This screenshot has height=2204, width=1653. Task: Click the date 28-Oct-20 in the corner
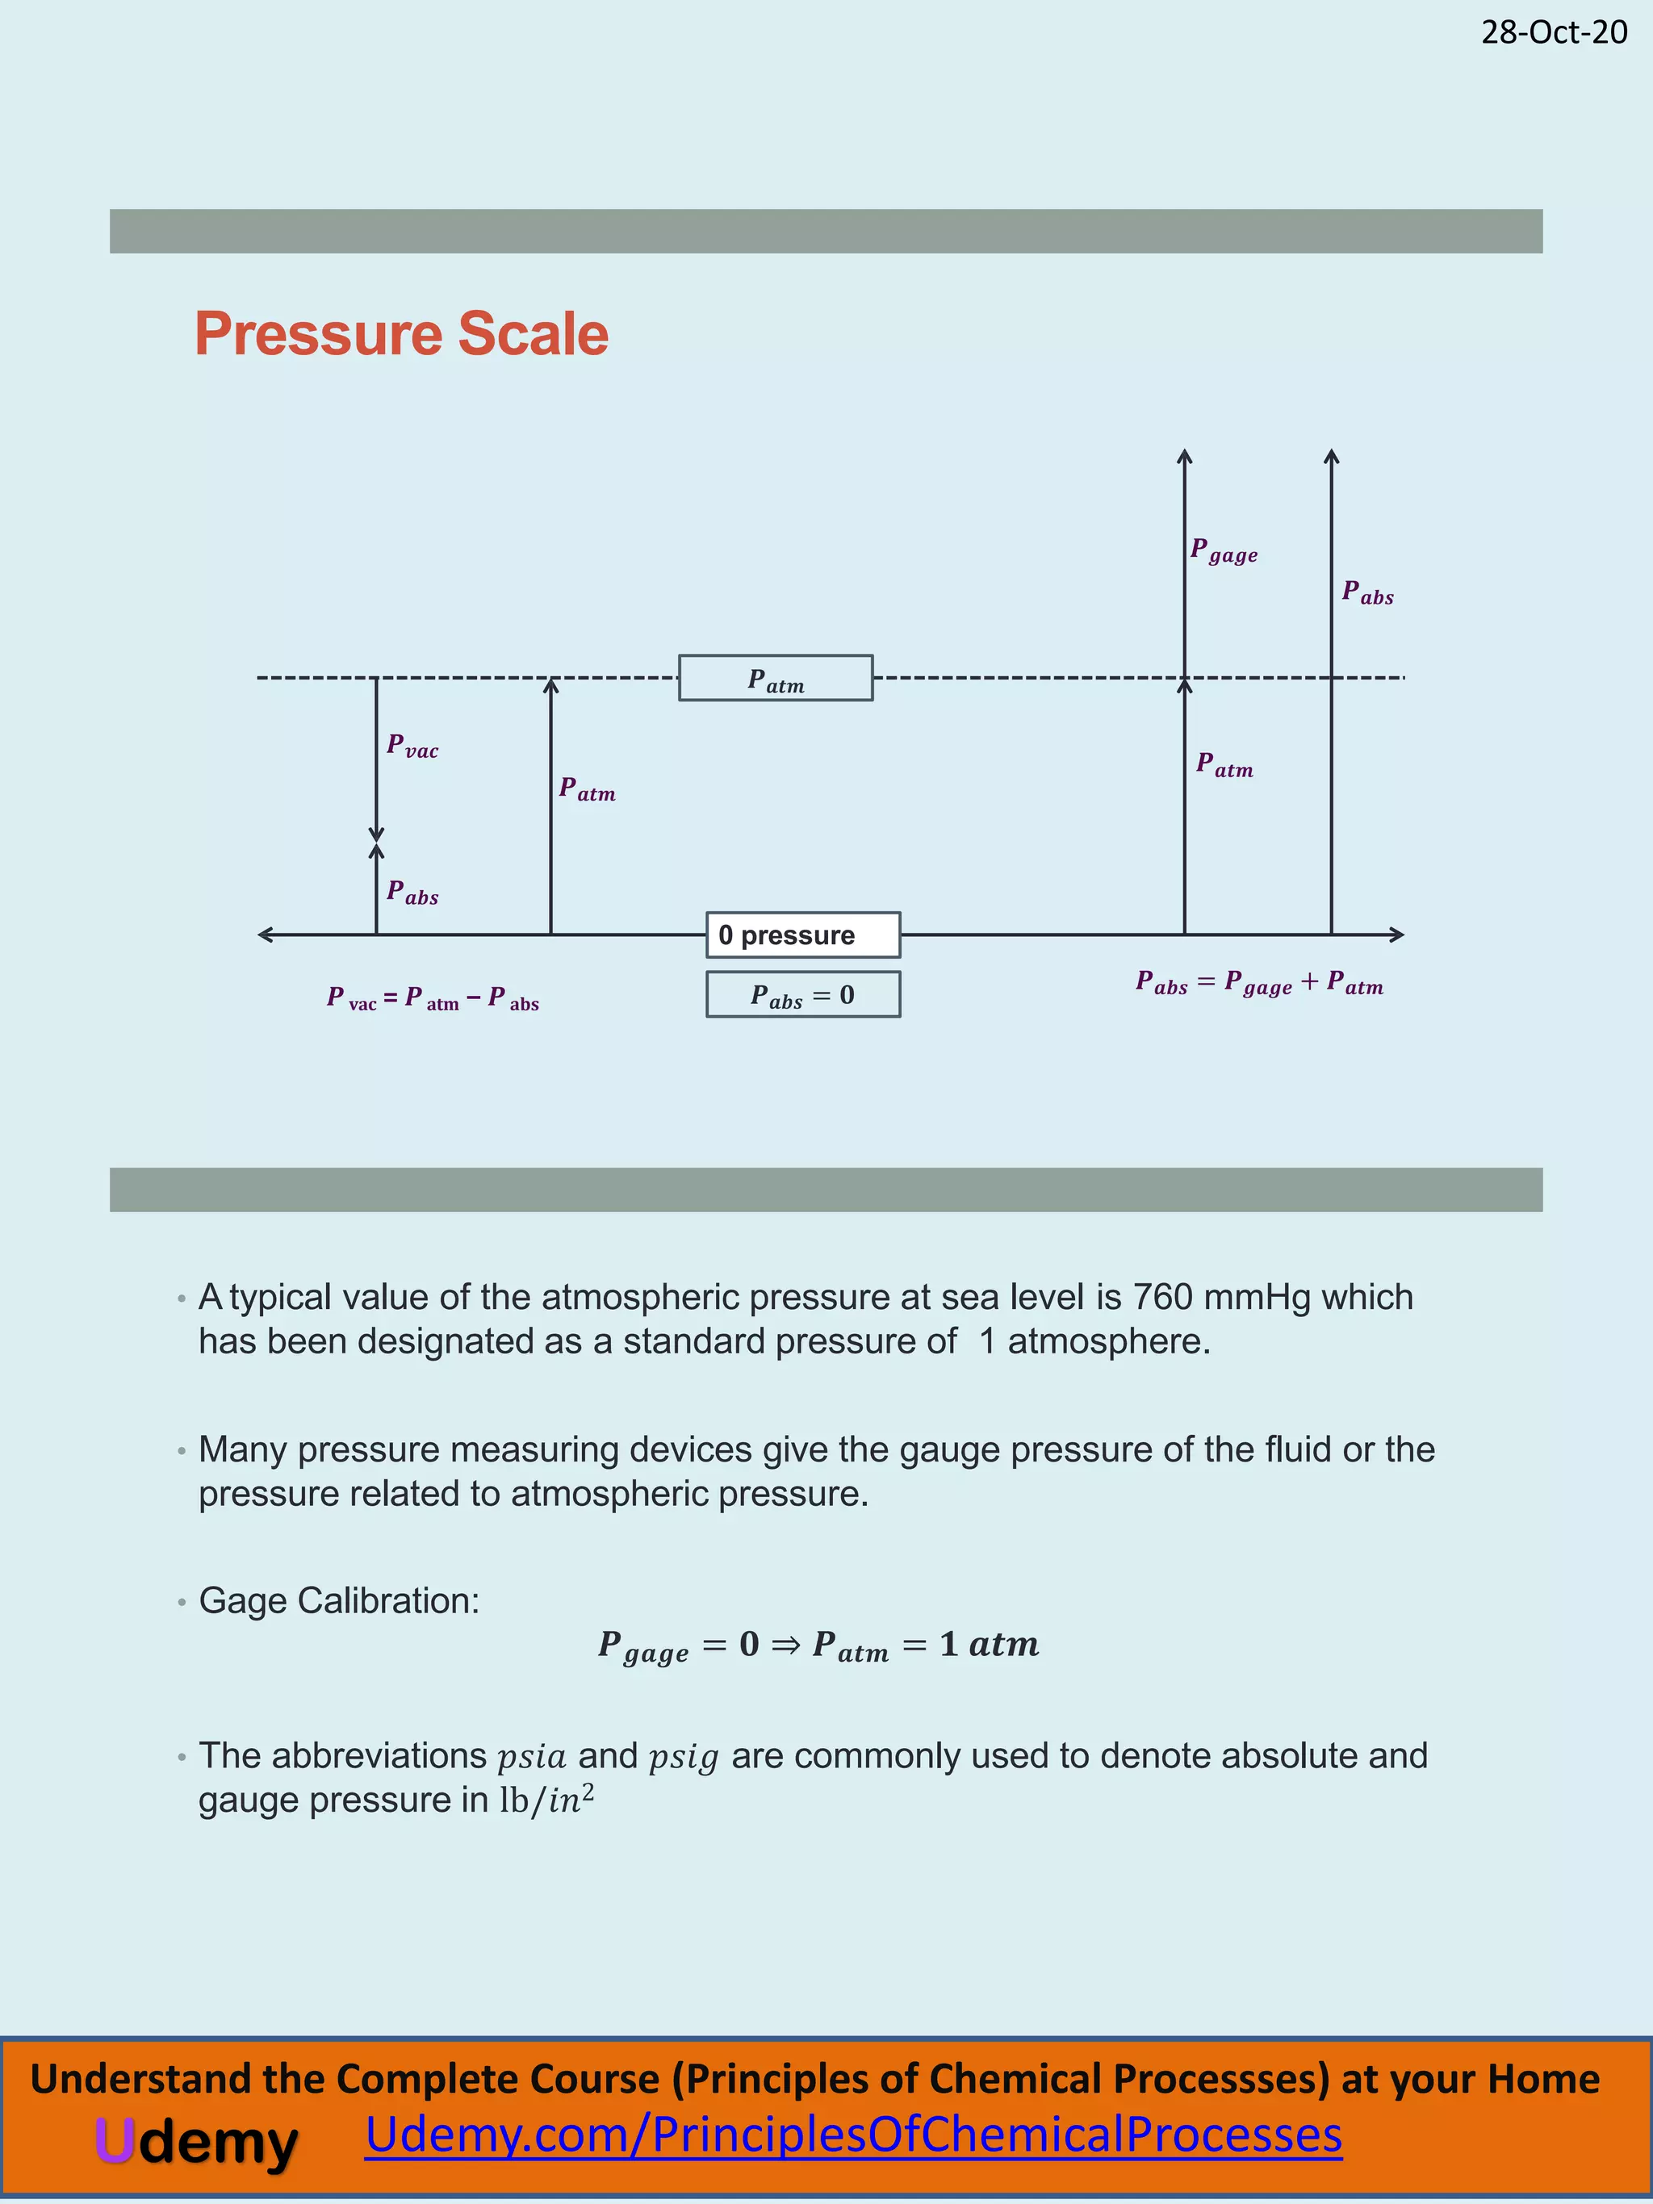pyautogui.click(x=1554, y=33)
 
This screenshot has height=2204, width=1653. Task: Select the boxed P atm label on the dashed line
pyautogui.click(x=775, y=679)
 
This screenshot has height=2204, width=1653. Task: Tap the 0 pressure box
pyautogui.click(x=802, y=935)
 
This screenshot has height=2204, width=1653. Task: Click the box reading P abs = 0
pyautogui.click(x=802, y=994)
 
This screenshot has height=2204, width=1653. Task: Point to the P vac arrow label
pyautogui.click(x=412, y=747)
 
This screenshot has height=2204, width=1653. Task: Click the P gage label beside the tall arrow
pyautogui.click(x=1224, y=551)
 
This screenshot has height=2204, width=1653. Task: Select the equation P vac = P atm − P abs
pyautogui.click(x=433, y=998)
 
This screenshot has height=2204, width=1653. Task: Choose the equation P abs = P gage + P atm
pyautogui.click(x=1259, y=984)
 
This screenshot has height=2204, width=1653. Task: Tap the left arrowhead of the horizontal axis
pyautogui.click(x=264, y=935)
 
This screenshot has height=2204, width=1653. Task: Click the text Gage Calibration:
pyautogui.click(x=339, y=1600)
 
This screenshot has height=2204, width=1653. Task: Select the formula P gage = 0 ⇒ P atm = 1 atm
pyautogui.click(x=818, y=1646)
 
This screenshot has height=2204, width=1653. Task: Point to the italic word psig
pyautogui.click(x=684, y=1758)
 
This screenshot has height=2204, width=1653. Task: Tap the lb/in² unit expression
pyautogui.click(x=546, y=1800)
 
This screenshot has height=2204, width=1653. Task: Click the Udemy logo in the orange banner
pyautogui.click(x=196, y=2141)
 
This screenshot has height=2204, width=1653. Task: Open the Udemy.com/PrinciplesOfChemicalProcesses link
pyautogui.click(x=853, y=2135)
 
